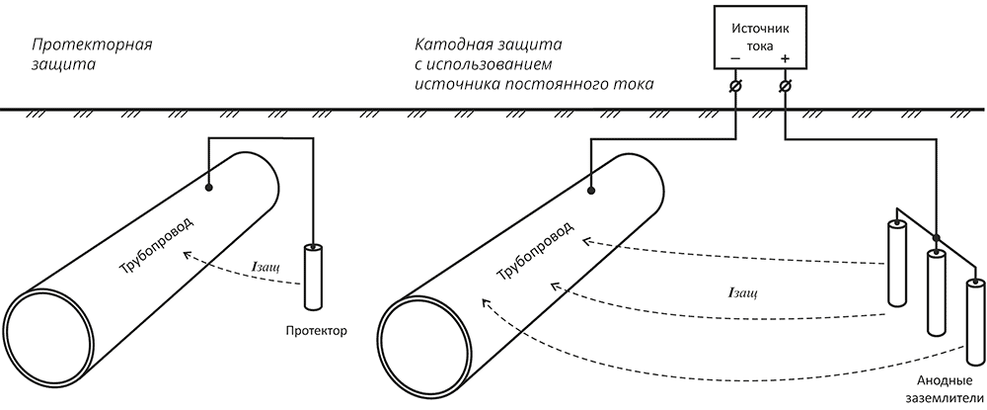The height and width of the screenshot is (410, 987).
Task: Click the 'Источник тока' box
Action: tap(760, 38)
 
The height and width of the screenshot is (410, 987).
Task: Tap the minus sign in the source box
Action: tap(735, 58)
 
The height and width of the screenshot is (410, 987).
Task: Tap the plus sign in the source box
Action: tap(785, 58)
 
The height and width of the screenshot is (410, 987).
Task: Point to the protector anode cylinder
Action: tap(313, 277)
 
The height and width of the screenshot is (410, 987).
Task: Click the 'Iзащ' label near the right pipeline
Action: tap(742, 293)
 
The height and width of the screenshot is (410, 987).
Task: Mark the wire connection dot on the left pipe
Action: tap(208, 188)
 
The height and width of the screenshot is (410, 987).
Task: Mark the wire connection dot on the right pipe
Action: tap(590, 190)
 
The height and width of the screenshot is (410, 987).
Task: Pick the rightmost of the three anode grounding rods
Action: tap(975, 322)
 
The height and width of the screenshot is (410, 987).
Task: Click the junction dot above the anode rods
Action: tap(935, 238)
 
